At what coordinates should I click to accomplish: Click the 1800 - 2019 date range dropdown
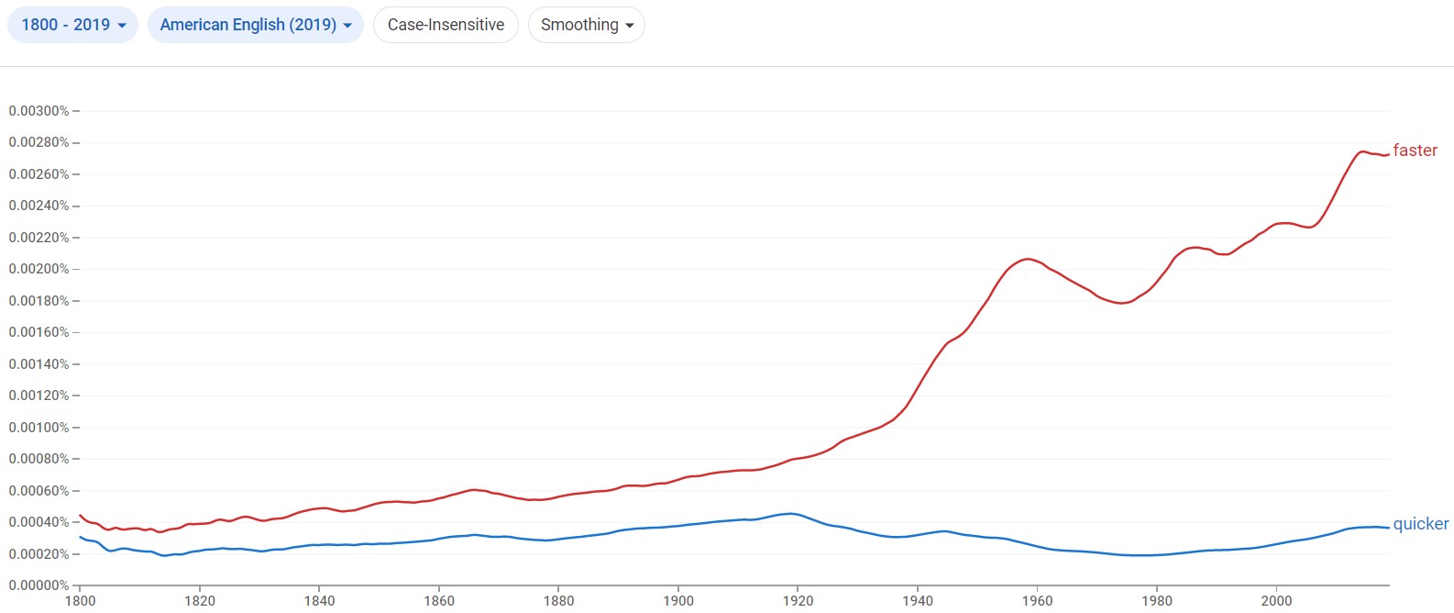point(72,25)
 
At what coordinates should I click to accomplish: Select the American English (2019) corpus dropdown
point(255,25)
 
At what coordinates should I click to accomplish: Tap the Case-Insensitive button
point(446,25)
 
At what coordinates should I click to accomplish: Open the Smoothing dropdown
point(587,25)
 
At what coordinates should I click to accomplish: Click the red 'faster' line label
point(1415,150)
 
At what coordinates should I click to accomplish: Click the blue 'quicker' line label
point(1420,524)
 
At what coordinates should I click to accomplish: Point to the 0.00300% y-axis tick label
point(39,111)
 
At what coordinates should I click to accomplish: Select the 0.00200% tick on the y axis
point(39,269)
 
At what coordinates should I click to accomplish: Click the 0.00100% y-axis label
point(39,428)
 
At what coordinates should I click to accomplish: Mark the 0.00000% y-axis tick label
point(39,585)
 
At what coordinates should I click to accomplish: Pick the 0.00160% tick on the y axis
point(39,332)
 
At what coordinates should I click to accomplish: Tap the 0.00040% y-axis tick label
point(39,522)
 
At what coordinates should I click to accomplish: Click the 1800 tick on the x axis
point(80,601)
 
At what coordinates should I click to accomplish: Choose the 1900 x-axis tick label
point(678,601)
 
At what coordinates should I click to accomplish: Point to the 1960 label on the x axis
point(1037,601)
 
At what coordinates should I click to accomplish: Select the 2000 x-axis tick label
point(1276,601)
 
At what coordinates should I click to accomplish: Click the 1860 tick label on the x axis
point(439,601)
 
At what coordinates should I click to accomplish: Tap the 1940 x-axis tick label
point(918,601)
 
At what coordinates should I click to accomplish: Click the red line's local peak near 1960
point(1028,259)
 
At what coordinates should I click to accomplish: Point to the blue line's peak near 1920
point(789,513)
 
